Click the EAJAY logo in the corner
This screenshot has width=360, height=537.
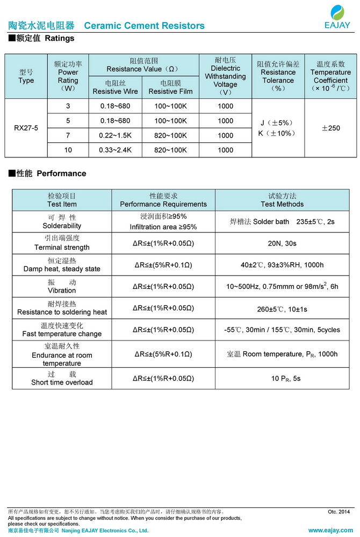pyautogui.click(x=337, y=16)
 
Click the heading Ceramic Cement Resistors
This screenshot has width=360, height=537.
pyautogui.click(x=144, y=26)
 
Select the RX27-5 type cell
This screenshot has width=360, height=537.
pyautogui.click(x=26, y=128)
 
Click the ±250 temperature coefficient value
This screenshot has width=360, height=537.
pyautogui.click(x=330, y=128)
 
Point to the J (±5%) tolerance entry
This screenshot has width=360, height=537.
pyautogui.click(x=278, y=123)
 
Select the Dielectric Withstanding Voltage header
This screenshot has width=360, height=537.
pyautogui.click(x=225, y=76)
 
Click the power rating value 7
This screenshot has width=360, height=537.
pyautogui.click(x=68, y=135)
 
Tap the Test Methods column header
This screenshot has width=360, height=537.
pyautogui.click(x=282, y=200)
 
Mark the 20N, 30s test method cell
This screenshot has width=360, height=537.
pyautogui.click(x=282, y=243)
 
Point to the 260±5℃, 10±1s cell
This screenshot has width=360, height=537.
pyautogui.click(x=282, y=309)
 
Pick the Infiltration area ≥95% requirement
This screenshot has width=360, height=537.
pyautogui.click(x=163, y=227)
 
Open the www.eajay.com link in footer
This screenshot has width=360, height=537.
pyautogui.click(x=331, y=531)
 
